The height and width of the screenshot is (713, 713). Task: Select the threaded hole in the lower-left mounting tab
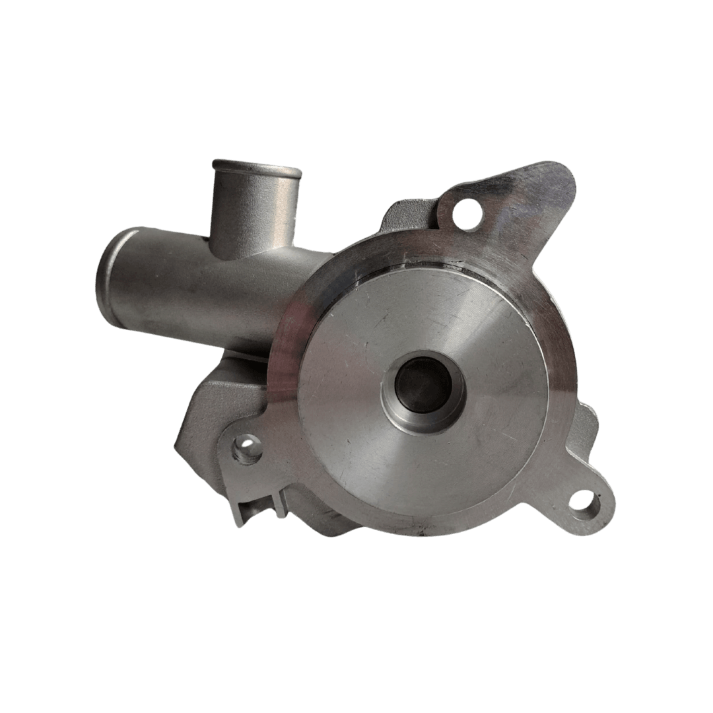click(x=247, y=452)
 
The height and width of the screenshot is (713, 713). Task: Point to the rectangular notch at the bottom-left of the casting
click(x=254, y=512)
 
